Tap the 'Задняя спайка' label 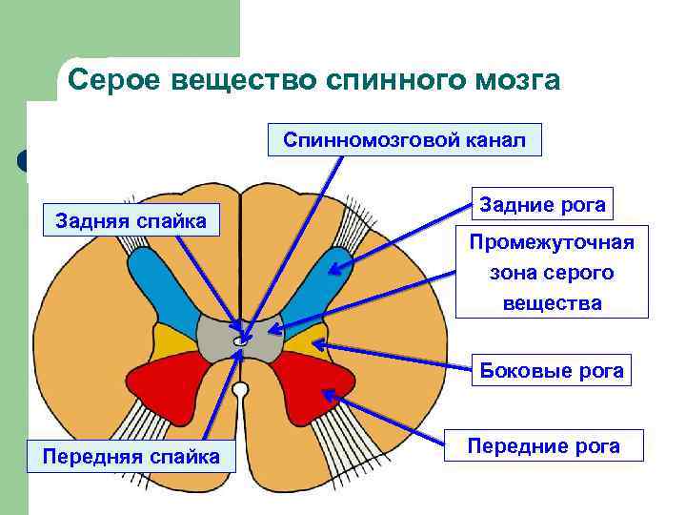(x=131, y=221)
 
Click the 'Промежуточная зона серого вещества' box (x=552, y=273)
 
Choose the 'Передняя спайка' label (x=131, y=457)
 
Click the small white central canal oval (x=240, y=340)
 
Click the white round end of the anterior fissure (x=240, y=390)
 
